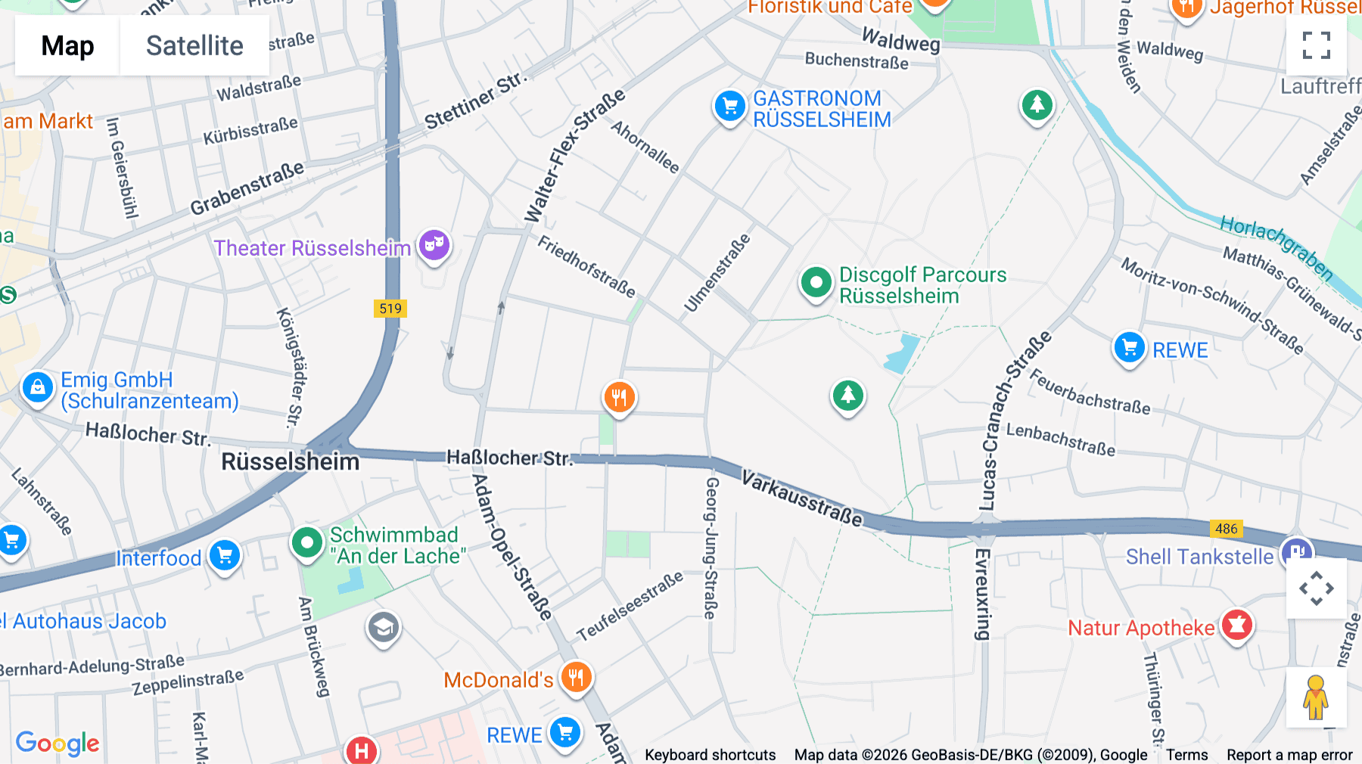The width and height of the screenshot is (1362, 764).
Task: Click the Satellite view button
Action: (194, 45)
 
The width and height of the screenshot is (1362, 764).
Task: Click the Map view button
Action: (68, 45)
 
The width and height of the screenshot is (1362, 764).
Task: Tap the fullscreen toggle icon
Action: (1316, 45)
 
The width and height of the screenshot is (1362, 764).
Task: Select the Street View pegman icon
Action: (1316, 697)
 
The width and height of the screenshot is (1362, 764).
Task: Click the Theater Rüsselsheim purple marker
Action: (434, 245)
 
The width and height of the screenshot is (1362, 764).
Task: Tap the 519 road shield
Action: (390, 308)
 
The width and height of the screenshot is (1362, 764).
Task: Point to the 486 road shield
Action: (1226, 529)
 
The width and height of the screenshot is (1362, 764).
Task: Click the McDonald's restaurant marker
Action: (576, 677)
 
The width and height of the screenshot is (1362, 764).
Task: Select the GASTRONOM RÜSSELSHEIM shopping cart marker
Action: (729, 107)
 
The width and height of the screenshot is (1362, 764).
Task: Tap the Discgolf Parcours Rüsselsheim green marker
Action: (816, 284)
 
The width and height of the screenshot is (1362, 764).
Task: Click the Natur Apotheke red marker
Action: (1236, 626)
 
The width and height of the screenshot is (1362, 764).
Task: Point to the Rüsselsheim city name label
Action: (290, 461)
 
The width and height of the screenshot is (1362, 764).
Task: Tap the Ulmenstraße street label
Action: (717, 273)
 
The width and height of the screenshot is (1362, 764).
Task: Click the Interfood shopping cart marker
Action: (225, 556)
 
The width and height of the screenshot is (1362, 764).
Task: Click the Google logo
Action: (58, 744)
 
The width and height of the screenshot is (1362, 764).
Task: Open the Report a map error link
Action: (1289, 755)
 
